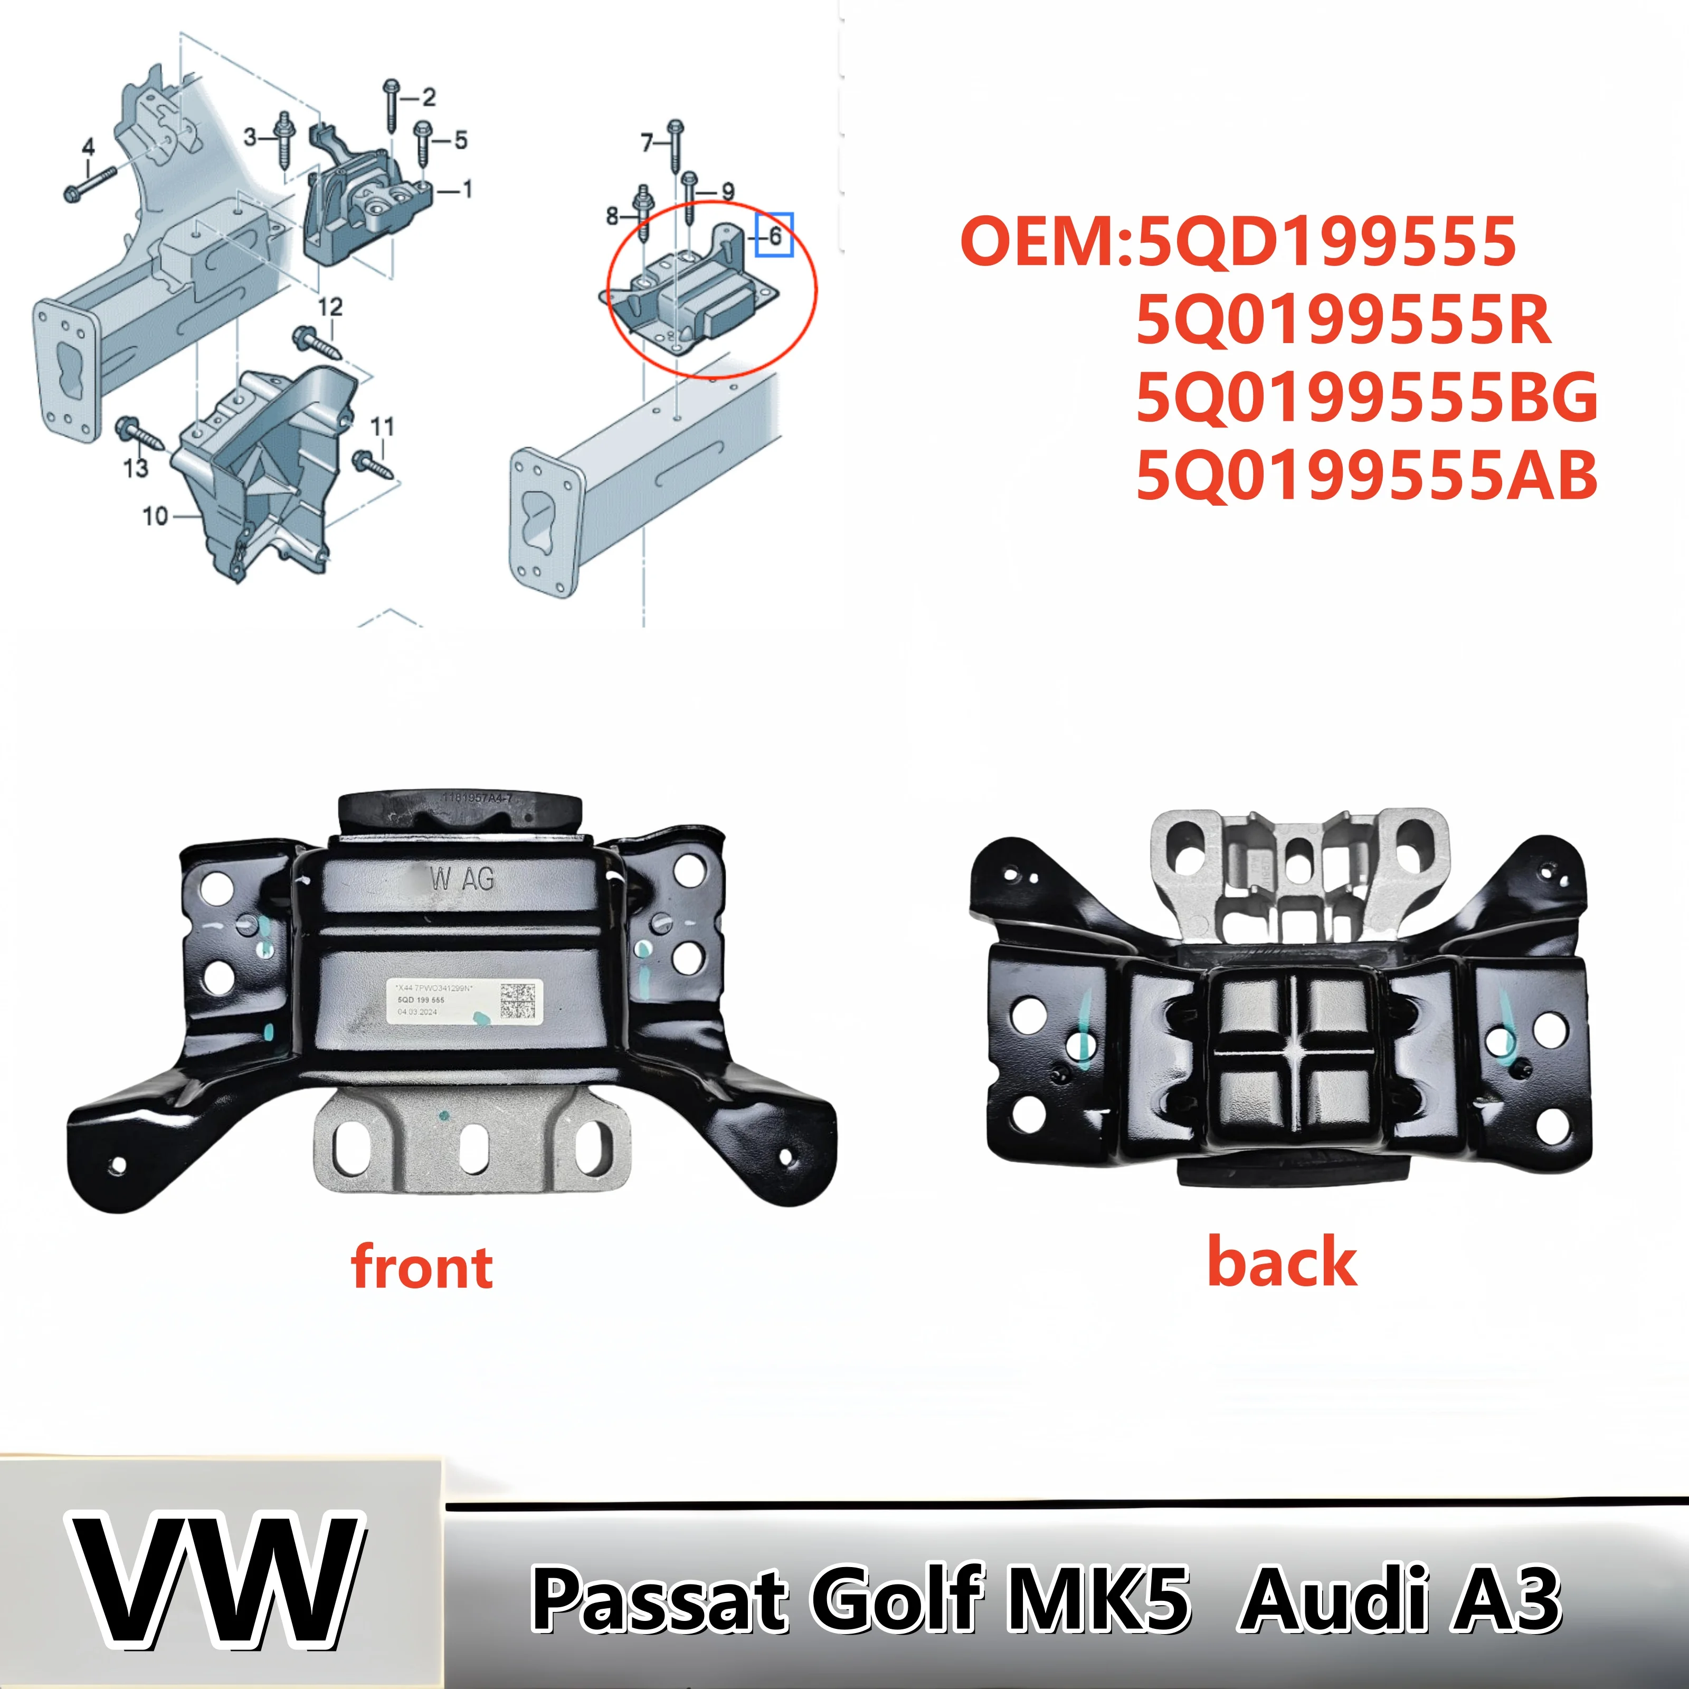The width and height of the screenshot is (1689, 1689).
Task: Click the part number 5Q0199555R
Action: coord(1343,320)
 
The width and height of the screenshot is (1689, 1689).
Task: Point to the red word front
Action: coord(421,1268)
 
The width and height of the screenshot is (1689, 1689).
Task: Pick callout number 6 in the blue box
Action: coord(774,235)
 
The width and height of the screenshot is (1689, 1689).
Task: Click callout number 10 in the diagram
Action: coord(155,517)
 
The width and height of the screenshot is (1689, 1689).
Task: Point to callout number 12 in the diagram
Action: coord(329,307)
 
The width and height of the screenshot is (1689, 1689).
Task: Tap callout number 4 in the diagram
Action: coord(88,147)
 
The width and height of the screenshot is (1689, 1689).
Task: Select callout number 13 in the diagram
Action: coord(136,469)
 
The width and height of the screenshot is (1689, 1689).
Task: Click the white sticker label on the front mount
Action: coord(464,999)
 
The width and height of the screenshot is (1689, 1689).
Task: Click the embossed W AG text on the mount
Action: coord(462,879)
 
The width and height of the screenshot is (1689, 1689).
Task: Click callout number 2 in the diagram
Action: coord(429,97)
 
